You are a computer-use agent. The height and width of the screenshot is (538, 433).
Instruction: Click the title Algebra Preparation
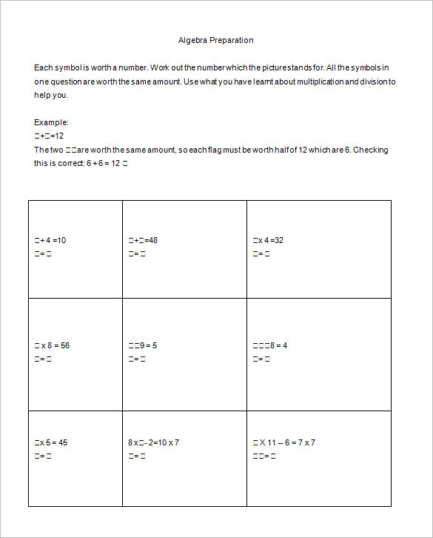(x=215, y=40)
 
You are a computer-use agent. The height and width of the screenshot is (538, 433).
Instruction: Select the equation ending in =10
(x=50, y=240)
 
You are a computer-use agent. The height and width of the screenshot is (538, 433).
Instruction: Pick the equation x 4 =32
(x=268, y=240)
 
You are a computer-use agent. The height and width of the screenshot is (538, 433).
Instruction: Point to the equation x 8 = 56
(x=52, y=345)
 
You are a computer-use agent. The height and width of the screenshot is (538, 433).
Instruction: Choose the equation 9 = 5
(x=143, y=345)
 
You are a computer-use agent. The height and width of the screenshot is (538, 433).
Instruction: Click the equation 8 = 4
(x=270, y=345)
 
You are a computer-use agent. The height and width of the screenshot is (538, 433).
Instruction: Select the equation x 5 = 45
(x=51, y=442)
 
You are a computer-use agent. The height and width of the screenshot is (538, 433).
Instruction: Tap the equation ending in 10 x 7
(x=153, y=442)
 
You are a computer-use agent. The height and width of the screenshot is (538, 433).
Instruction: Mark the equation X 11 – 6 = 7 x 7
(x=283, y=442)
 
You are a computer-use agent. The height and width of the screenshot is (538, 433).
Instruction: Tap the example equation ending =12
(x=49, y=136)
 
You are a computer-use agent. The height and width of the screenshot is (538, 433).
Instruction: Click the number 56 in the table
(x=65, y=345)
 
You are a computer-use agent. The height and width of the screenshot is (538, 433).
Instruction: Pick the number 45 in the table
(x=63, y=442)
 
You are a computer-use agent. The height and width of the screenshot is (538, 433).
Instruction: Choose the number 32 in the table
(x=279, y=240)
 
